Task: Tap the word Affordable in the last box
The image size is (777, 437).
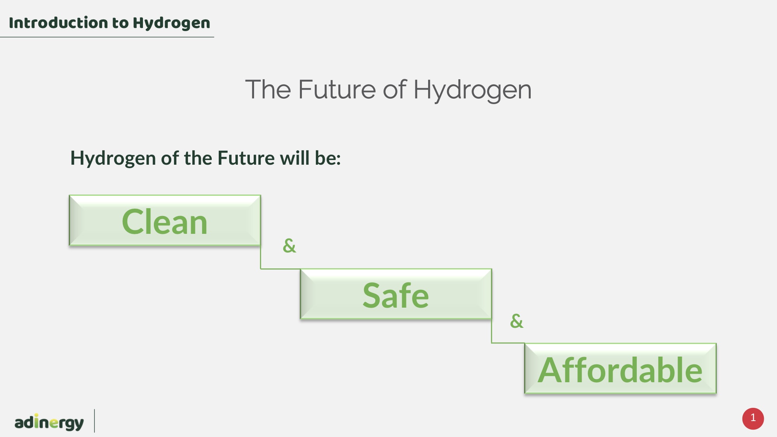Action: pos(620,370)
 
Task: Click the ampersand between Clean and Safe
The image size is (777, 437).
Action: pos(289,245)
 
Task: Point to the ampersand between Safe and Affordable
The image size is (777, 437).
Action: pos(517,321)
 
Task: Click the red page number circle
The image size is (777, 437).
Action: pos(753,418)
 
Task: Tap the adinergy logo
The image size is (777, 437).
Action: pos(49,422)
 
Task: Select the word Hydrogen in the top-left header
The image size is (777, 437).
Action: pos(171,23)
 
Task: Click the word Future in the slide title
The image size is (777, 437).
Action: pos(337,89)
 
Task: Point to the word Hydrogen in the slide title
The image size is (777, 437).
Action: pos(472,90)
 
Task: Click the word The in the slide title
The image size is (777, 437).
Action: pos(268,89)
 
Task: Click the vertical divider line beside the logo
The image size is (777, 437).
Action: pos(94,421)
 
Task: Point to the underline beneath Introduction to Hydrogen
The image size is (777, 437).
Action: pos(107,37)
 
